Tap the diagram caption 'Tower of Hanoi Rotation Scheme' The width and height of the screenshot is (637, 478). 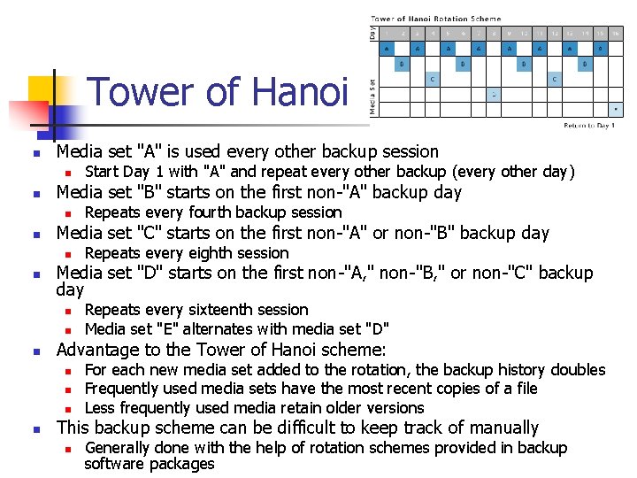pos(435,19)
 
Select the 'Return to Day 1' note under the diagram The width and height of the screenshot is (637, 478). pos(589,126)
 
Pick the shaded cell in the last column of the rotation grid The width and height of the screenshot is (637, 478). pos(616,109)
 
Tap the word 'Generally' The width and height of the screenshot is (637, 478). pos(119,448)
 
